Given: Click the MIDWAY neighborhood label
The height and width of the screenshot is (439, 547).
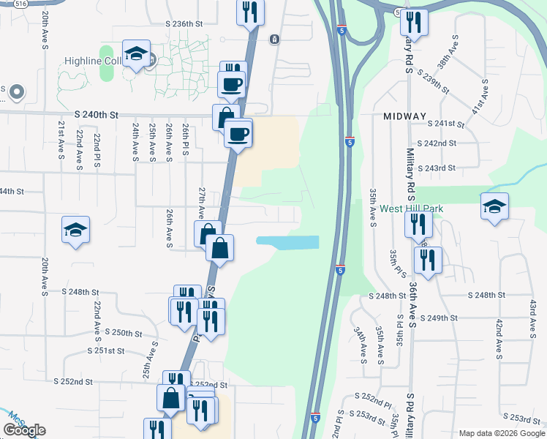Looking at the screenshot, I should (404, 116).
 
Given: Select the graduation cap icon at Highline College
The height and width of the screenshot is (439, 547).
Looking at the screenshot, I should (136, 55).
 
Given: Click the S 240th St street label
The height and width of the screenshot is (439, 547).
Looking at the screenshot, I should (96, 115).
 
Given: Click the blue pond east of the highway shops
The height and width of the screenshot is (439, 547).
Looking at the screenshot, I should (287, 242).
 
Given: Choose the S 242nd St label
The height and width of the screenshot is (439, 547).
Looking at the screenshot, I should (437, 143).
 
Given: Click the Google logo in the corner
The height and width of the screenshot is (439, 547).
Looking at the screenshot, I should (24, 430).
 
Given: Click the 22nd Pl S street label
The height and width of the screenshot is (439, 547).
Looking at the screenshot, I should (97, 151).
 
